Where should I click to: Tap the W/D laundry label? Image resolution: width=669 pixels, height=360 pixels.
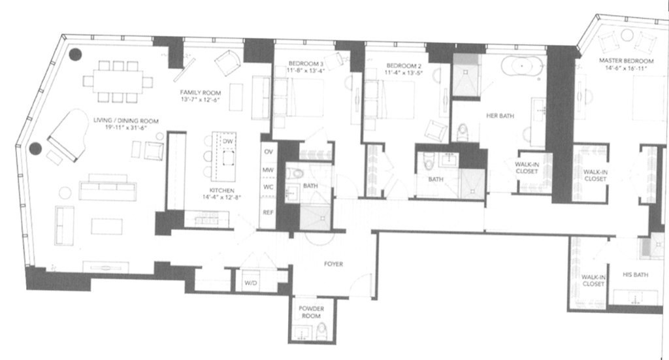coord(250,283)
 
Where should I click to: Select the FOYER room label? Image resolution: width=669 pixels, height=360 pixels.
coord(333,264)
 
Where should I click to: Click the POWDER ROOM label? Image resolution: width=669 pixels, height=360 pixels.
coord(312,312)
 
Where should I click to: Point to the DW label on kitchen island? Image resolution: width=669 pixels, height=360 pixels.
coord(227,141)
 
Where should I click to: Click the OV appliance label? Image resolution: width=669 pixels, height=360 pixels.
coord(268,151)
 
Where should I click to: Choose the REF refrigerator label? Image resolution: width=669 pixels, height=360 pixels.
coord(268,212)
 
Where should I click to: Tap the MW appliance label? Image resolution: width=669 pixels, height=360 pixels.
coord(268,170)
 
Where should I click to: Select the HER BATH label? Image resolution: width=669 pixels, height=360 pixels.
coord(500,116)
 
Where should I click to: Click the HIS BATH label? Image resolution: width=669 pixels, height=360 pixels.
coord(634,275)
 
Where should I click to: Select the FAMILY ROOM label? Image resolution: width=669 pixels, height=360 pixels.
coord(200,93)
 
